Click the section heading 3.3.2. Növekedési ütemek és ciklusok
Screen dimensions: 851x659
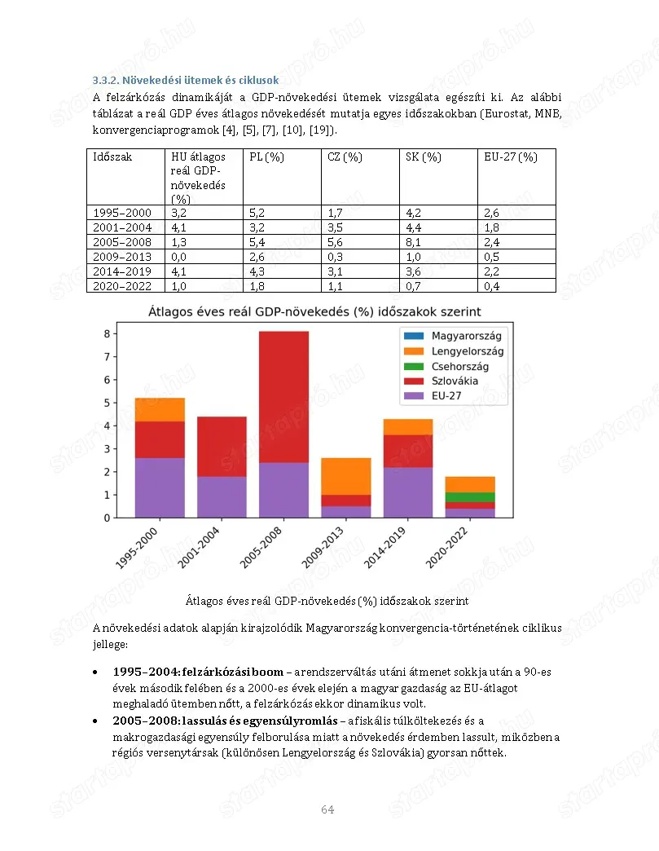pos(185,80)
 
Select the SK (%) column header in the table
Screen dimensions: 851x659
pos(423,157)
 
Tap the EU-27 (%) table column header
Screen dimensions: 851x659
pos(511,157)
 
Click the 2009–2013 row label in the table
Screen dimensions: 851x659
pos(122,257)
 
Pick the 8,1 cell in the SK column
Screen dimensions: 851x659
pos(413,242)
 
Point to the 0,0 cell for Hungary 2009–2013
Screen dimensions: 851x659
pos(178,257)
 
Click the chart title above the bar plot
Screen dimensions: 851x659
pos(314,311)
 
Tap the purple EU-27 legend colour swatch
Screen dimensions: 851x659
pos(413,396)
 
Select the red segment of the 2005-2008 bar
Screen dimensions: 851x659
pos(283,396)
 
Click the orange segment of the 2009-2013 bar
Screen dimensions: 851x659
pos(346,476)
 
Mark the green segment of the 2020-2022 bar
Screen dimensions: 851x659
pos(470,497)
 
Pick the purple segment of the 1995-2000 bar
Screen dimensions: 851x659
pos(160,487)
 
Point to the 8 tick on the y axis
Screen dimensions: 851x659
pos(106,333)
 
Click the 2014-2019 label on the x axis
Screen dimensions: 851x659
pos(391,546)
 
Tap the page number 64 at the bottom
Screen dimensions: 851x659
pos(327,809)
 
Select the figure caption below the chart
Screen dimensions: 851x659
pos(327,601)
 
